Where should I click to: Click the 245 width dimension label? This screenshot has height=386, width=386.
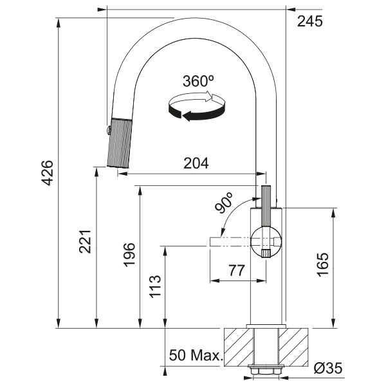pos(309,21)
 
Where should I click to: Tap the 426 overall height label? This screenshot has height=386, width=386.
pos(47,173)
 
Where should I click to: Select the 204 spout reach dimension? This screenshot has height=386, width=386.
pos(196,163)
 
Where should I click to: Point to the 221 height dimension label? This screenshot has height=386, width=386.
pos(85,242)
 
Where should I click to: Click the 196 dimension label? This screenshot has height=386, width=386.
pos(129,255)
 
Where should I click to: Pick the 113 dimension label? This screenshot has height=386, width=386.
pos(155,287)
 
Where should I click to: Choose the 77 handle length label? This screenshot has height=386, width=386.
pos(237,271)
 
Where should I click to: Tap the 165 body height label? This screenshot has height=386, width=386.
pos(323,265)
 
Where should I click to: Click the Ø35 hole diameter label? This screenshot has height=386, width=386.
pos(328,368)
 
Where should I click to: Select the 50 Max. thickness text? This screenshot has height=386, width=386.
pos(196,355)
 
